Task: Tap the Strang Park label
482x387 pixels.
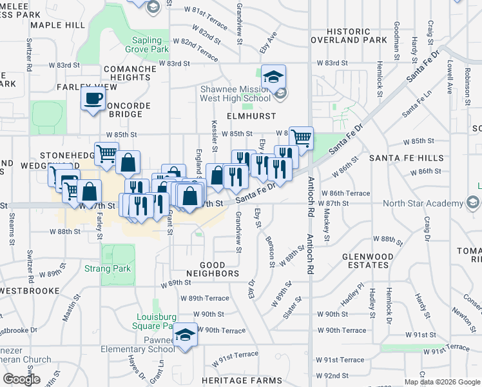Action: (108, 268)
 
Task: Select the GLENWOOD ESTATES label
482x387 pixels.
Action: (368, 260)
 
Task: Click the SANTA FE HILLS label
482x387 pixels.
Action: (406, 158)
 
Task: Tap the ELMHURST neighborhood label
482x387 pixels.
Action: (251, 116)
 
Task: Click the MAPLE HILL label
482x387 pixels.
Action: (57, 25)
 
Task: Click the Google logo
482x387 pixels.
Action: (21, 379)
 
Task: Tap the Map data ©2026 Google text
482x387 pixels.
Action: (441, 382)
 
